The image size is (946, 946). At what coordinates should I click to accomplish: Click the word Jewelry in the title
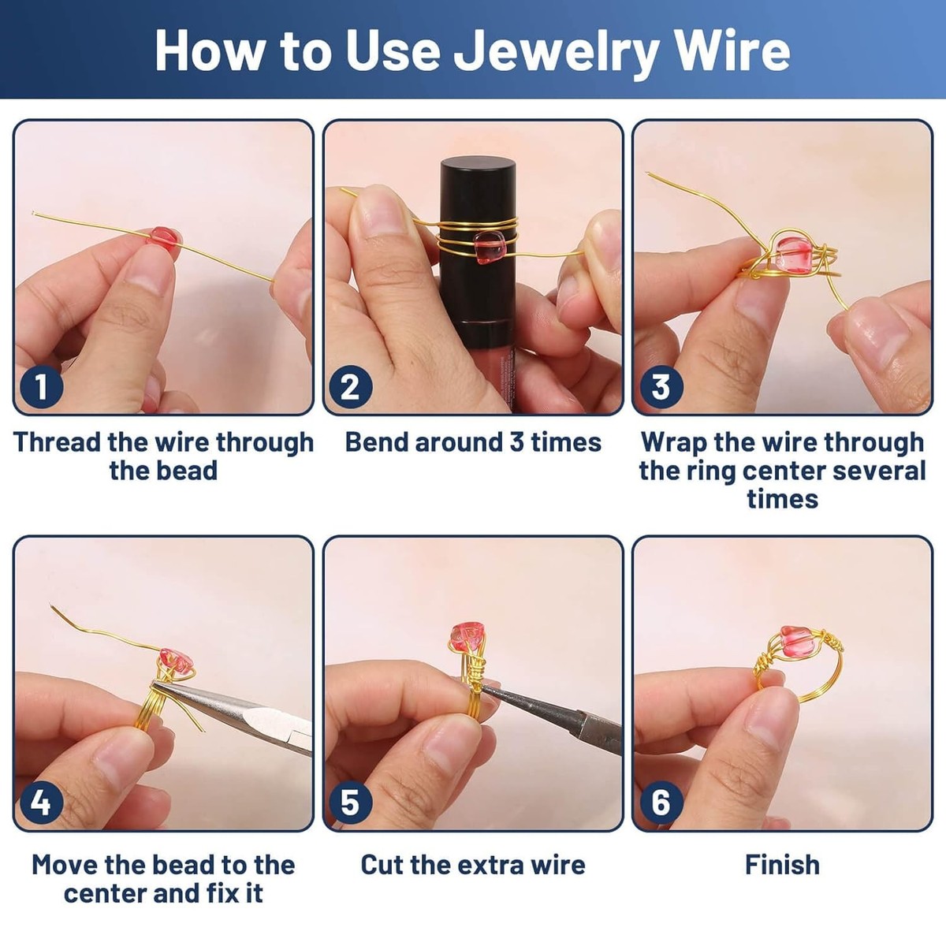[557, 51]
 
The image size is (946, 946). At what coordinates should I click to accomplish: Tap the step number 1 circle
[40, 386]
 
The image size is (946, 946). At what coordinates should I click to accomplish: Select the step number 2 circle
[350, 386]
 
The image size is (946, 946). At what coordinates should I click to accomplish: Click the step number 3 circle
[660, 386]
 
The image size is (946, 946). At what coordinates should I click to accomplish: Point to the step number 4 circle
[40, 803]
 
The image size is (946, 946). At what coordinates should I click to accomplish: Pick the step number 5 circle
[350, 803]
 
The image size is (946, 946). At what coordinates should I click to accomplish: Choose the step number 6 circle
[660, 803]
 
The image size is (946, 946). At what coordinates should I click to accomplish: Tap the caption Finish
[782, 865]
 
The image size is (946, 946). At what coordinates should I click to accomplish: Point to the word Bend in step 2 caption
[376, 442]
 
